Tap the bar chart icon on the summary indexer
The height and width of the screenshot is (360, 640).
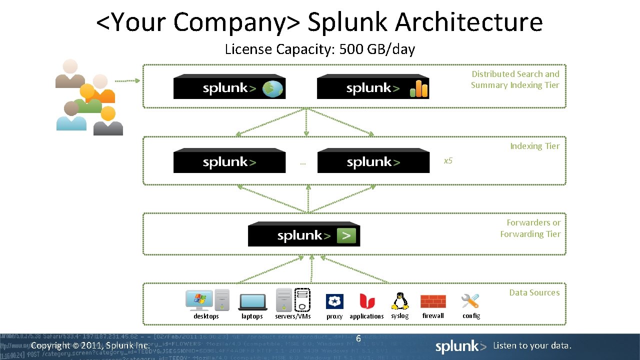pos(419,89)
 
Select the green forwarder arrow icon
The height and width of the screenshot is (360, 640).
pos(346,235)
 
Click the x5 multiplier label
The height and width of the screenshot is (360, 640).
pos(448,160)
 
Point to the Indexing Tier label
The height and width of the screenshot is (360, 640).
pos(534,146)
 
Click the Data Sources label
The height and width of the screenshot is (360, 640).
pos(534,292)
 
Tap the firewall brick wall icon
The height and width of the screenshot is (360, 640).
pos(433,301)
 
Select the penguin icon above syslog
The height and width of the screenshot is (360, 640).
pos(399,301)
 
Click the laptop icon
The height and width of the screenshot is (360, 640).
pos(252,301)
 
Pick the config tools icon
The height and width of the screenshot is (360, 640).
pos(470,301)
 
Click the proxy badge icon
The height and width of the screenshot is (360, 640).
pos(334,301)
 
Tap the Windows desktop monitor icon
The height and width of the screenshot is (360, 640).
pos(199,300)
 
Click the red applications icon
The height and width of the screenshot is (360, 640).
pos(366,301)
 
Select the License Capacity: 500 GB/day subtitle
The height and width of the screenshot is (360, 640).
pos(319,49)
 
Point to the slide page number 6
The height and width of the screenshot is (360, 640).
pos(358,339)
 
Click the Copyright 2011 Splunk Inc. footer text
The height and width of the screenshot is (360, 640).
pos(90,345)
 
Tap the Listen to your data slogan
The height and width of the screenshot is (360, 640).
pos(532,345)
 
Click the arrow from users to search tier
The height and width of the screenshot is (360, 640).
pos(127,80)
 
